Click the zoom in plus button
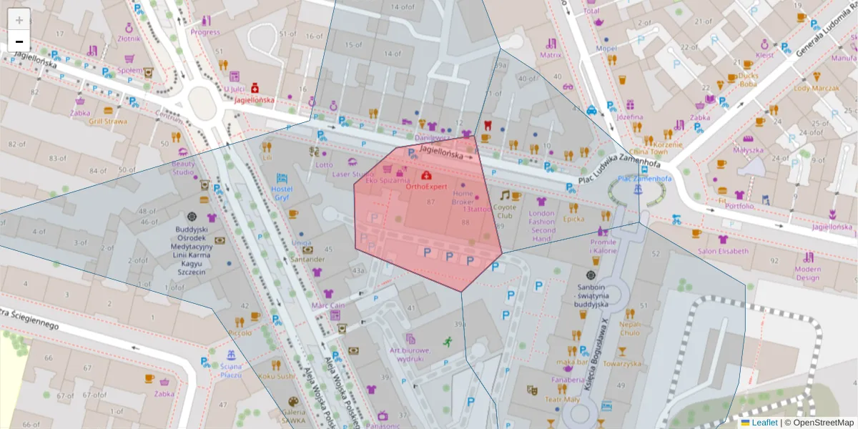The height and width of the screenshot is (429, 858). [19, 19]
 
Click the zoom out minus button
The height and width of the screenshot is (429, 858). [19, 41]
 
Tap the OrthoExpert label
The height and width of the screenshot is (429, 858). [426, 187]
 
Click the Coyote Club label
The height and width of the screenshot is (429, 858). [505, 211]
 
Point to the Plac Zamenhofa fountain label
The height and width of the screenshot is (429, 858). [644, 179]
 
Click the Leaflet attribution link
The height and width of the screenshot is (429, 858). [764, 423]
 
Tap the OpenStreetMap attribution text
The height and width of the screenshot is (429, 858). [824, 423]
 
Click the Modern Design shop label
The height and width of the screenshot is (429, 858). [807, 272]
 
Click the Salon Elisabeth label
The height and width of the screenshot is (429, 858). [723, 251]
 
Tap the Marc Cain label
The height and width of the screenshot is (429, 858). [328, 305]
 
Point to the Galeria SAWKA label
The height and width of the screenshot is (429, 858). [293, 416]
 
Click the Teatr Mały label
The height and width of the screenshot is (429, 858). [562, 400]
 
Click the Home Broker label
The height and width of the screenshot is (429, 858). [463, 197]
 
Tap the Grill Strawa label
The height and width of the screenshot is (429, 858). [108, 121]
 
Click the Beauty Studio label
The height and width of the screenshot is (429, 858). [183, 167]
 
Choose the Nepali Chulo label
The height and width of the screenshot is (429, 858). [630, 327]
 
